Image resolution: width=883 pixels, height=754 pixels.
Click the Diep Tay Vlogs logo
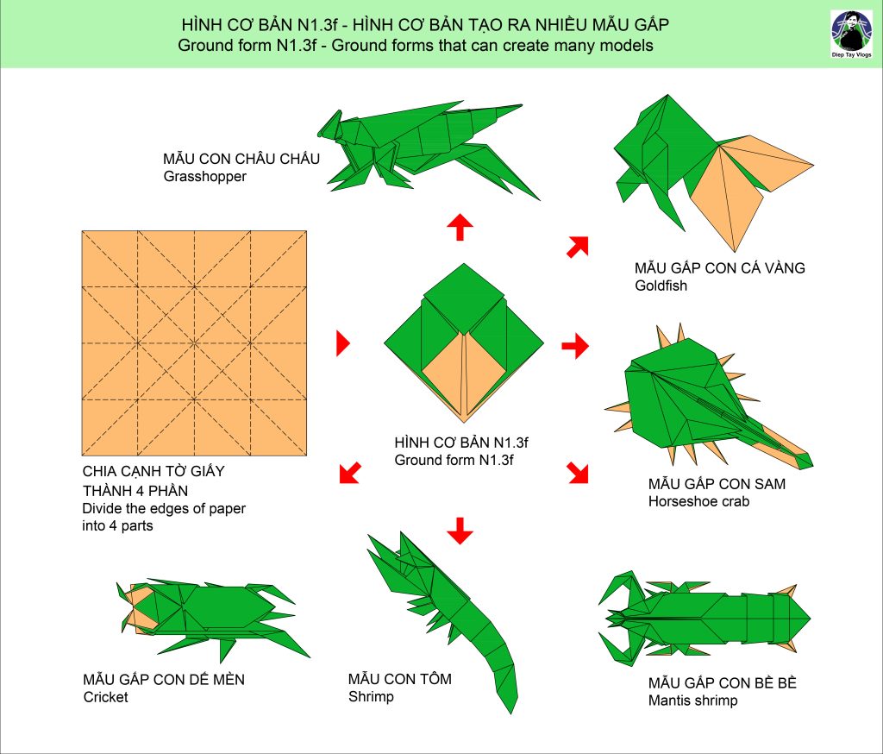pos(851,34)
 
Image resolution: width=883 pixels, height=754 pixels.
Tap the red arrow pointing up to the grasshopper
pos(460,227)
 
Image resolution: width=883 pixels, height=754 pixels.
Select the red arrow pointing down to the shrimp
pos(460,531)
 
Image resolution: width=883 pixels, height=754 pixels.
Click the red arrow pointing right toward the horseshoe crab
pos(575,345)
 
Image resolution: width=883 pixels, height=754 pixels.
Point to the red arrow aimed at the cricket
pos(350,473)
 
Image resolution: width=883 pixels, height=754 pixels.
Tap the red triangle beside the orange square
pos(342,343)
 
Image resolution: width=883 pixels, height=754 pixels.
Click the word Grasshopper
pos(205,176)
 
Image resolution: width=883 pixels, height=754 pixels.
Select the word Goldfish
pos(661,286)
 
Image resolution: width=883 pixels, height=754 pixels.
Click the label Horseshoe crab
pos(698,501)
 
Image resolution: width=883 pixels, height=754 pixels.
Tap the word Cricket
pos(105,697)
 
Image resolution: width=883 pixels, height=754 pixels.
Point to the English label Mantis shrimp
pos(692,701)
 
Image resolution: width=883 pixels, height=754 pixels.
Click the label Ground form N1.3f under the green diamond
pos(454,460)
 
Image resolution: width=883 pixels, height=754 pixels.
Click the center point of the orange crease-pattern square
pos(194,343)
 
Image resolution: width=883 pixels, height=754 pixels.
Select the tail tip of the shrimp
pos(511,713)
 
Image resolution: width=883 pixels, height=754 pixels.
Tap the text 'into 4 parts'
pos(117,525)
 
